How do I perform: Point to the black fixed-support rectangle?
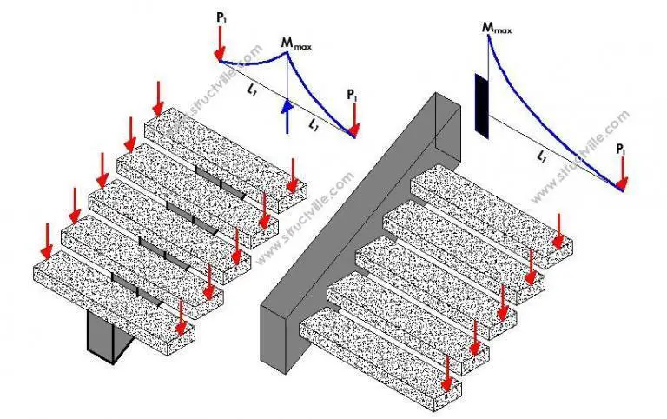481,105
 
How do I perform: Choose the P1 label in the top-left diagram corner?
221,15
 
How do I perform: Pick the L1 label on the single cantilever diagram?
543,156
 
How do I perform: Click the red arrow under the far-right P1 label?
622,173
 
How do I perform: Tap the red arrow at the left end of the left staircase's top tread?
157,97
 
